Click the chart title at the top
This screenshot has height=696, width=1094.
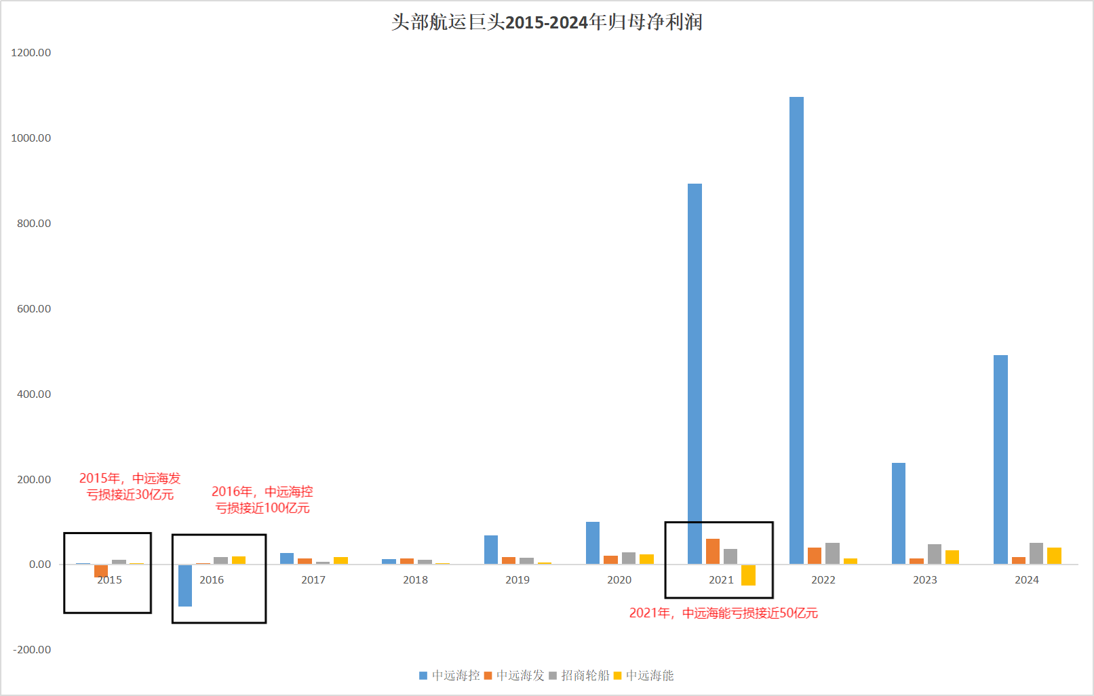(x=547, y=22)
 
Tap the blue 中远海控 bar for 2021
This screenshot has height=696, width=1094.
(x=695, y=373)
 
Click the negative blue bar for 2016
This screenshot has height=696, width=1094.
(x=185, y=586)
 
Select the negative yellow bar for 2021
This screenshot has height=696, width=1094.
(x=748, y=575)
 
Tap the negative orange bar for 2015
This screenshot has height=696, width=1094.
(x=101, y=571)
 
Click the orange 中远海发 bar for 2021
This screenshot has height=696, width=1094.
(x=713, y=552)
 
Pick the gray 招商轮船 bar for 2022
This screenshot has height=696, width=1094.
(x=832, y=554)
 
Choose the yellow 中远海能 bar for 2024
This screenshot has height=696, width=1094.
(x=1054, y=556)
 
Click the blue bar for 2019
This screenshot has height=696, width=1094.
(x=491, y=550)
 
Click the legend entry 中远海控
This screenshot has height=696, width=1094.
(x=450, y=676)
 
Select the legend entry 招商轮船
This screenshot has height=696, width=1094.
(x=579, y=676)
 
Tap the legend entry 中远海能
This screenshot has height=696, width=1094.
(x=644, y=676)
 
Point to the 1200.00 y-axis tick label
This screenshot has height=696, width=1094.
(x=31, y=53)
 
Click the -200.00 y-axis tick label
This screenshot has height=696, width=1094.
(x=32, y=649)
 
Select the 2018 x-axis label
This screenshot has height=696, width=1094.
(x=415, y=580)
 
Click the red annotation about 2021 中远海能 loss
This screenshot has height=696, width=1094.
(x=724, y=613)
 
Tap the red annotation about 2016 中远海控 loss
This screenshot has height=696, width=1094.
(x=262, y=499)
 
